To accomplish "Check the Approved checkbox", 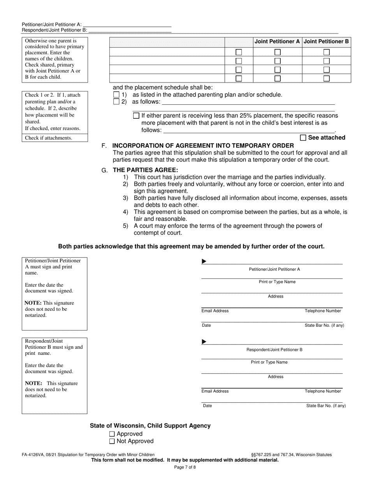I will [112, 434].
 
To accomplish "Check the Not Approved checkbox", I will [112, 441].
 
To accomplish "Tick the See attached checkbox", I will [303, 137].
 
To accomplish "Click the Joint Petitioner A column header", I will [277, 42].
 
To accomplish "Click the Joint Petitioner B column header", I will [326, 42].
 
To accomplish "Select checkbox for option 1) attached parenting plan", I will [116, 95].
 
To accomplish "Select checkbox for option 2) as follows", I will [116, 102].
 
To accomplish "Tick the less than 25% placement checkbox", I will [136, 116].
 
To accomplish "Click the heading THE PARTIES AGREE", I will [145, 170].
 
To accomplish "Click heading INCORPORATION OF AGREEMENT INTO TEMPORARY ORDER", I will [203, 146].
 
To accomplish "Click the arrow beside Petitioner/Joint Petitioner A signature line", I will [204, 262].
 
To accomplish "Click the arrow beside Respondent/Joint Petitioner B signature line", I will [204, 342].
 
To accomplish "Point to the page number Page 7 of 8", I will [185, 467].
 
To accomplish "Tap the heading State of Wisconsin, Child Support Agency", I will [150, 426].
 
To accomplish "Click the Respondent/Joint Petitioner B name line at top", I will [130, 30].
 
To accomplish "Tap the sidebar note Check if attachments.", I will [49, 138].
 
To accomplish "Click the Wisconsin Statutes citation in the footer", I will [292, 454].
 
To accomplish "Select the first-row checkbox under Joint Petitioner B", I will [327, 52].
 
